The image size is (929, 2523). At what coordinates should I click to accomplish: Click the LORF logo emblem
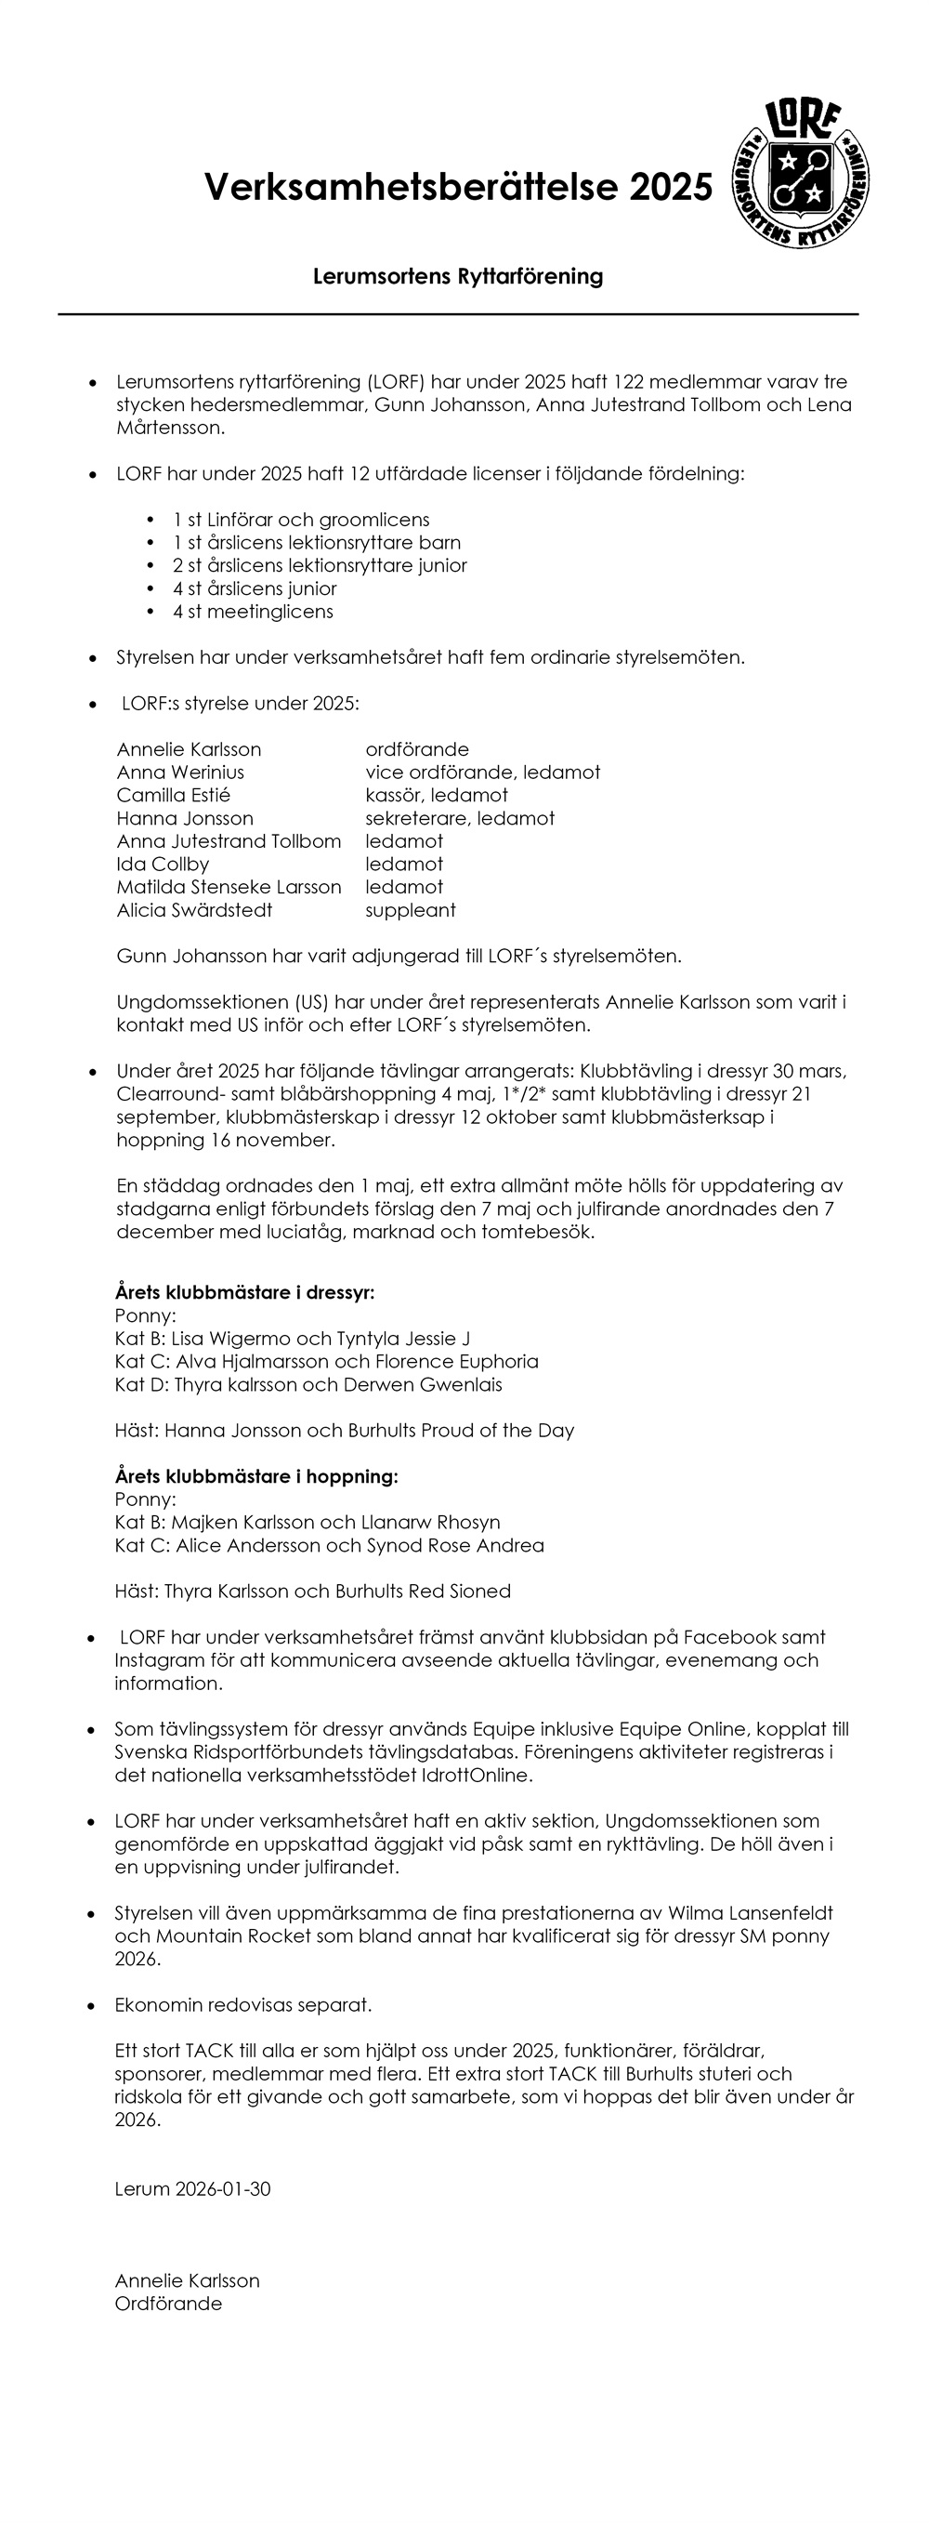tap(802, 173)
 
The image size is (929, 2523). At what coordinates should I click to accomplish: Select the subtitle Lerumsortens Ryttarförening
tap(457, 276)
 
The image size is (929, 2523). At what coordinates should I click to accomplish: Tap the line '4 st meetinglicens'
tap(253, 612)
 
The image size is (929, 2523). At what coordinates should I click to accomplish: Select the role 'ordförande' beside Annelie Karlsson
tap(417, 749)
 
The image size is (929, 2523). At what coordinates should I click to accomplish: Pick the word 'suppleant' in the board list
tap(411, 910)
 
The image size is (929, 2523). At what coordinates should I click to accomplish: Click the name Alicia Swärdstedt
tap(194, 910)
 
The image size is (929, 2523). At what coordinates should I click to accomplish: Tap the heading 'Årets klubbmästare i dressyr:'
tap(243, 1292)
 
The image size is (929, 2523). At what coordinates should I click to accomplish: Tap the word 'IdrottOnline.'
tap(471, 1775)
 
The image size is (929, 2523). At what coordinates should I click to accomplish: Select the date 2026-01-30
tap(223, 2189)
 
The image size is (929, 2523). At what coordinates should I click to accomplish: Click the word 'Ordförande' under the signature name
tap(168, 2304)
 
